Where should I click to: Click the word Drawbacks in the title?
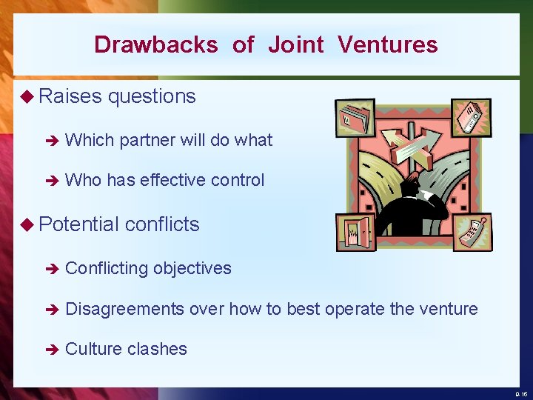[155, 45]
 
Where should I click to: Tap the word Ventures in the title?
[387, 45]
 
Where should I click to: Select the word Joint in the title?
[295, 45]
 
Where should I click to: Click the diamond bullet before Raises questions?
[27, 96]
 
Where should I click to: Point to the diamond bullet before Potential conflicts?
[27, 224]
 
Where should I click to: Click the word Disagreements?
[124, 309]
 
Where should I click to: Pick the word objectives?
[192, 268]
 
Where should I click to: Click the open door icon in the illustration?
[355, 232]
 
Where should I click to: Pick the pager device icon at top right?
[471, 117]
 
